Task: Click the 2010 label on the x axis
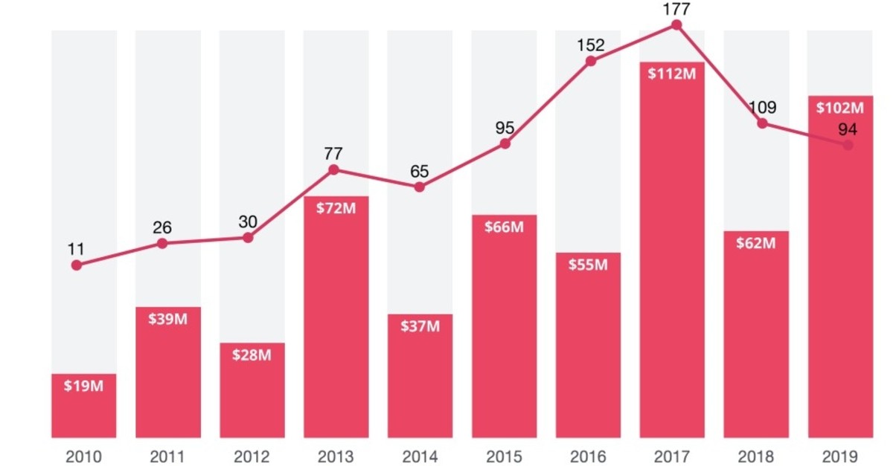(x=83, y=455)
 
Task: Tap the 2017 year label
(x=672, y=455)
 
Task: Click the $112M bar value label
(x=672, y=75)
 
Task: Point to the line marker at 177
(x=676, y=25)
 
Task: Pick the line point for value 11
(x=76, y=265)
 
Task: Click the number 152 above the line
(x=590, y=45)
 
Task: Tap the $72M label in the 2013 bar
(x=336, y=209)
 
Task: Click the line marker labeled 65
(x=420, y=187)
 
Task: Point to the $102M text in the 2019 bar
(x=840, y=108)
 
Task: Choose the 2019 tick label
(x=840, y=455)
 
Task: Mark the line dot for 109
(x=762, y=123)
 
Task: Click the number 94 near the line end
(x=848, y=129)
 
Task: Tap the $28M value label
(x=252, y=355)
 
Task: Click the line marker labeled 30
(x=248, y=238)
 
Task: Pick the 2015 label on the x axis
(x=504, y=455)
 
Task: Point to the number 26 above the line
(x=162, y=226)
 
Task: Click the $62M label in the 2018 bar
(x=756, y=243)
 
